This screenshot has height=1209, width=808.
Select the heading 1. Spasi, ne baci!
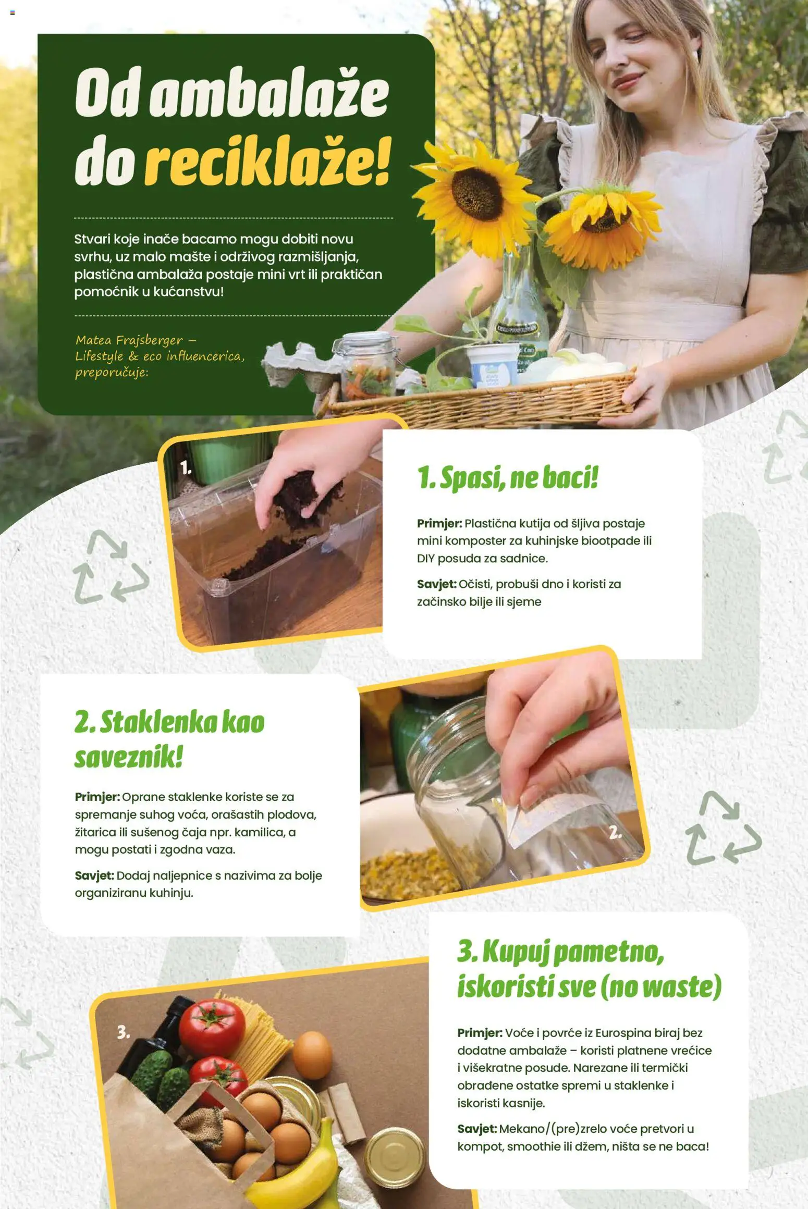pyautogui.click(x=507, y=478)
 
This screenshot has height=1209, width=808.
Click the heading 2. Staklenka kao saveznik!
pyautogui.click(x=169, y=739)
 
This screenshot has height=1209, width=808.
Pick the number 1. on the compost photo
pyautogui.click(x=186, y=467)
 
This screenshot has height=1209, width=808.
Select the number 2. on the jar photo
pyautogui.click(x=616, y=832)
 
